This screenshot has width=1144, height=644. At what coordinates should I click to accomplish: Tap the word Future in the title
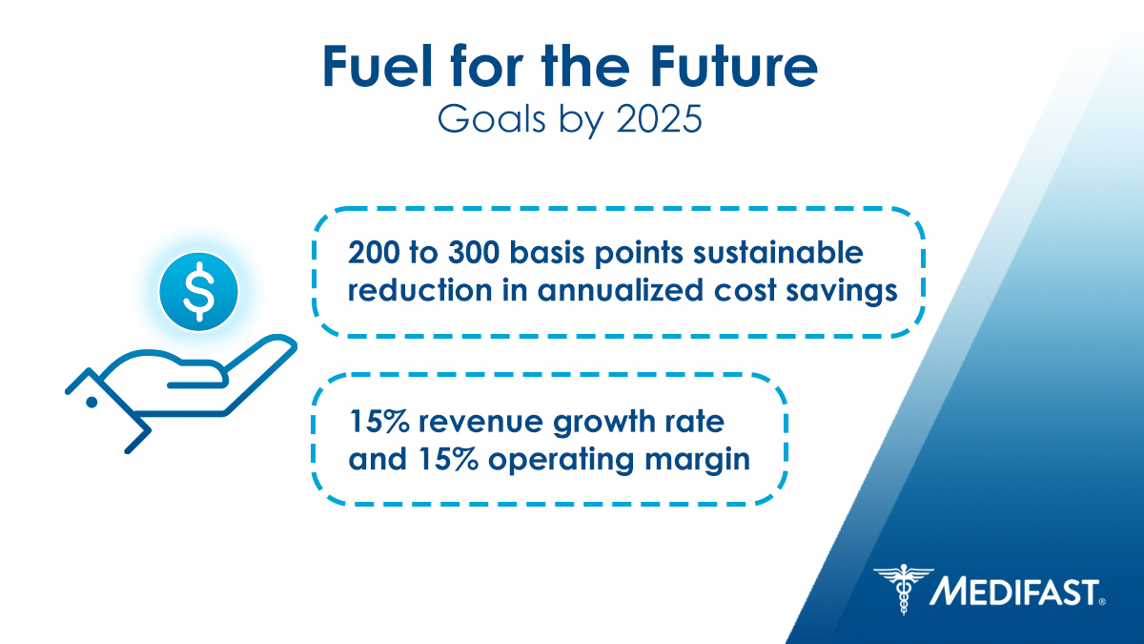pyautogui.click(x=734, y=67)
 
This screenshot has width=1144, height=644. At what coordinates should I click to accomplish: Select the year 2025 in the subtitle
pyautogui.click(x=660, y=119)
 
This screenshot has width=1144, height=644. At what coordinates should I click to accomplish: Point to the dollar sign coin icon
pyautogui.click(x=198, y=291)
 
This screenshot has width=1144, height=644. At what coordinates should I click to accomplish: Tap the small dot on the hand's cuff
pyautogui.click(x=92, y=403)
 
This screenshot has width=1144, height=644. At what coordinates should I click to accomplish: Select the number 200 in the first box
pyautogui.click(x=373, y=253)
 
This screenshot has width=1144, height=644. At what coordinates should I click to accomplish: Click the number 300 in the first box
pyautogui.click(x=474, y=253)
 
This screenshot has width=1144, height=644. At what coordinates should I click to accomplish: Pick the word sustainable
pyautogui.click(x=778, y=253)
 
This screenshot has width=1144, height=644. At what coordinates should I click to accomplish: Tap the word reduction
pyautogui.click(x=419, y=290)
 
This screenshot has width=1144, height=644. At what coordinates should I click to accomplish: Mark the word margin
pyautogui.click(x=697, y=461)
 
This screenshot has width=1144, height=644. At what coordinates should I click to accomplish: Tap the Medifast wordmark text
pyautogui.click(x=1016, y=592)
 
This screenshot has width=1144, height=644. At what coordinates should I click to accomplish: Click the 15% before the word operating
pyautogui.click(x=448, y=459)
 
